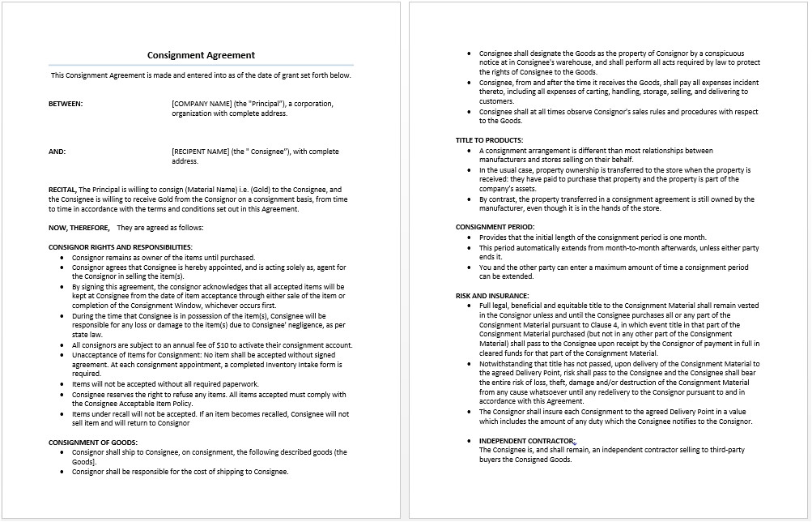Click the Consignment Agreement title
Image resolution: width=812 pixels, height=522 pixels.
pyautogui.click(x=201, y=55)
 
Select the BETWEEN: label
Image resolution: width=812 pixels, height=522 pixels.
pyautogui.click(x=66, y=104)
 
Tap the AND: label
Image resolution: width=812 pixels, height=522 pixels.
pyautogui.click(x=57, y=152)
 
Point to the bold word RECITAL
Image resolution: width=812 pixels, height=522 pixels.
pyautogui.click(x=62, y=190)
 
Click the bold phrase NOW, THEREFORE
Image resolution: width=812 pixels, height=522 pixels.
pyautogui.click(x=79, y=228)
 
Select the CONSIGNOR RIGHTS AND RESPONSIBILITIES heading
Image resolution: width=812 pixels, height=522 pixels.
pyautogui.click(x=121, y=246)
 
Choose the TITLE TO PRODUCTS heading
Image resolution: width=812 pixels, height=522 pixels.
pyautogui.click(x=489, y=140)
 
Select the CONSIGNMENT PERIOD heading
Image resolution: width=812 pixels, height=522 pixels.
pyautogui.click(x=495, y=227)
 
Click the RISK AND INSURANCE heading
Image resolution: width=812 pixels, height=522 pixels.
pyautogui.click(x=492, y=296)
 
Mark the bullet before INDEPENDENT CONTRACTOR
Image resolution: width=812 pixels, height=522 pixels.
pyautogui.click(x=470, y=440)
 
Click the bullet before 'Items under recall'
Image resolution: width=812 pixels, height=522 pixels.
pyautogui.click(x=63, y=413)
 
